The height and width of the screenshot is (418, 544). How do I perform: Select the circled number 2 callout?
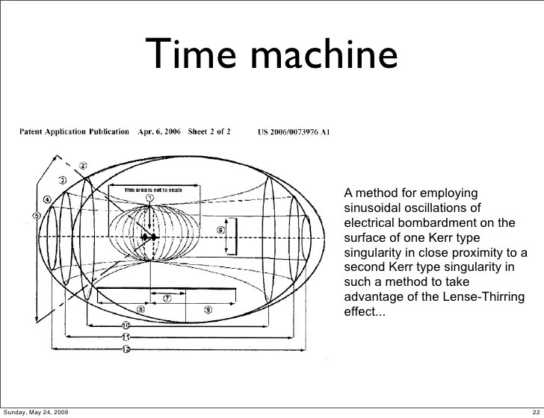[x=84, y=166]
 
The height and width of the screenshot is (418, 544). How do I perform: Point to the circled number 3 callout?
[x=64, y=181]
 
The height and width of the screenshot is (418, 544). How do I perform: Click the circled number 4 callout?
[x=47, y=199]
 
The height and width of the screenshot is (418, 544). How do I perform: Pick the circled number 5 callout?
[x=36, y=216]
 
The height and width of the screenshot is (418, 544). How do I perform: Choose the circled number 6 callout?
[x=222, y=231]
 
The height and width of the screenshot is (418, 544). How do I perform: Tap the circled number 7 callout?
[x=167, y=297]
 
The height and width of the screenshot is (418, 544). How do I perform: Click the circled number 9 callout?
[x=208, y=309]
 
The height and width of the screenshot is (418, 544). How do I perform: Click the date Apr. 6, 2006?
[x=159, y=132]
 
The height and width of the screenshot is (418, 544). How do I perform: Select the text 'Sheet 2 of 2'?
[x=210, y=132]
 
